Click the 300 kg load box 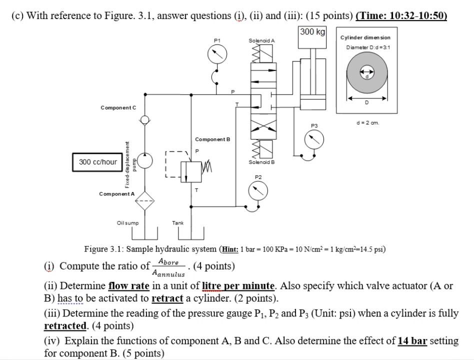(313, 32)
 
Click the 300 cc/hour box (98, 162)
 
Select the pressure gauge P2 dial (258, 190)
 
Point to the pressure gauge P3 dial (314, 139)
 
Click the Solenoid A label (261, 40)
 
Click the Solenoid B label (261, 162)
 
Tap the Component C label (118, 107)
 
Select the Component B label (212, 139)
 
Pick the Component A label (117, 194)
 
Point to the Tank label (177, 223)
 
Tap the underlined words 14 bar (412, 341)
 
